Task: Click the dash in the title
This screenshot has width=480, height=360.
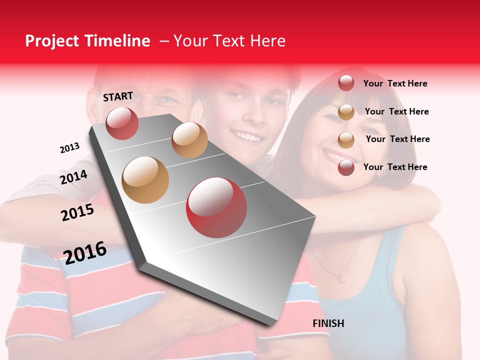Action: [x=163, y=41]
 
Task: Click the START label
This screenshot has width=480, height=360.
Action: [x=118, y=96]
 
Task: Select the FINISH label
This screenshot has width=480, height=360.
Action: [x=328, y=323]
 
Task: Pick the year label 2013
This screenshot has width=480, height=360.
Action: [x=69, y=147]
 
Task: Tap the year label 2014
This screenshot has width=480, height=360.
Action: [x=73, y=177]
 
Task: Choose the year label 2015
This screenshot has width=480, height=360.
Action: [x=77, y=212]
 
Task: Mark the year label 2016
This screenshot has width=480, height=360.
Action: [x=85, y=252]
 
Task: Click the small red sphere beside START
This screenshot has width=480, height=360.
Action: [x=122, y=123]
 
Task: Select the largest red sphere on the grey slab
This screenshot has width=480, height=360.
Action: [x=216, y=207]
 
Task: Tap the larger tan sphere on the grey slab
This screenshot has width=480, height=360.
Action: [x=145, y=180]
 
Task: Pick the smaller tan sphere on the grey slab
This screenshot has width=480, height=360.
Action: [x=189, y=139]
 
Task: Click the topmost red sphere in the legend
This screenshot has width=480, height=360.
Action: [x=346, y=83]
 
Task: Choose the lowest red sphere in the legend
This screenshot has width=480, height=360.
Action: [x=346, y=167]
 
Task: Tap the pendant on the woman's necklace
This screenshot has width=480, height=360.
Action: [x=342, y=278]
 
